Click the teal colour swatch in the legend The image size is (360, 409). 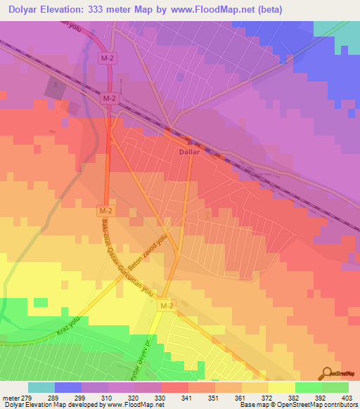41,387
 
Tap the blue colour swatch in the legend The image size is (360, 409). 68,387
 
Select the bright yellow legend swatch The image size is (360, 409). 281,387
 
